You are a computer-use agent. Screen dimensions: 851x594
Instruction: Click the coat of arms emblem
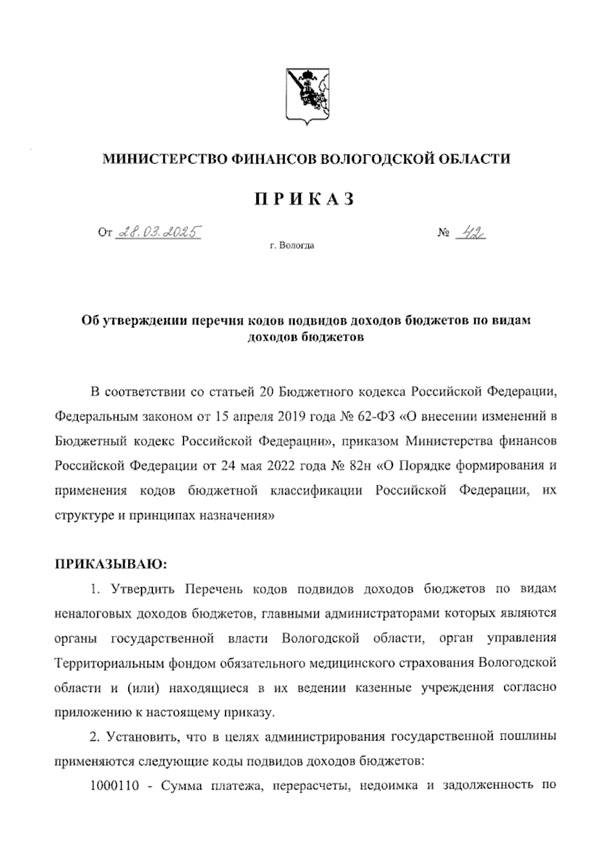[x=305, y=97]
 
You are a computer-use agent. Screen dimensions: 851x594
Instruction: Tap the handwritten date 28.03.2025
[x=157, y=231]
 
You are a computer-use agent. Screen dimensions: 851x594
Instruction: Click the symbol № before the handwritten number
[x=443, y=232]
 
